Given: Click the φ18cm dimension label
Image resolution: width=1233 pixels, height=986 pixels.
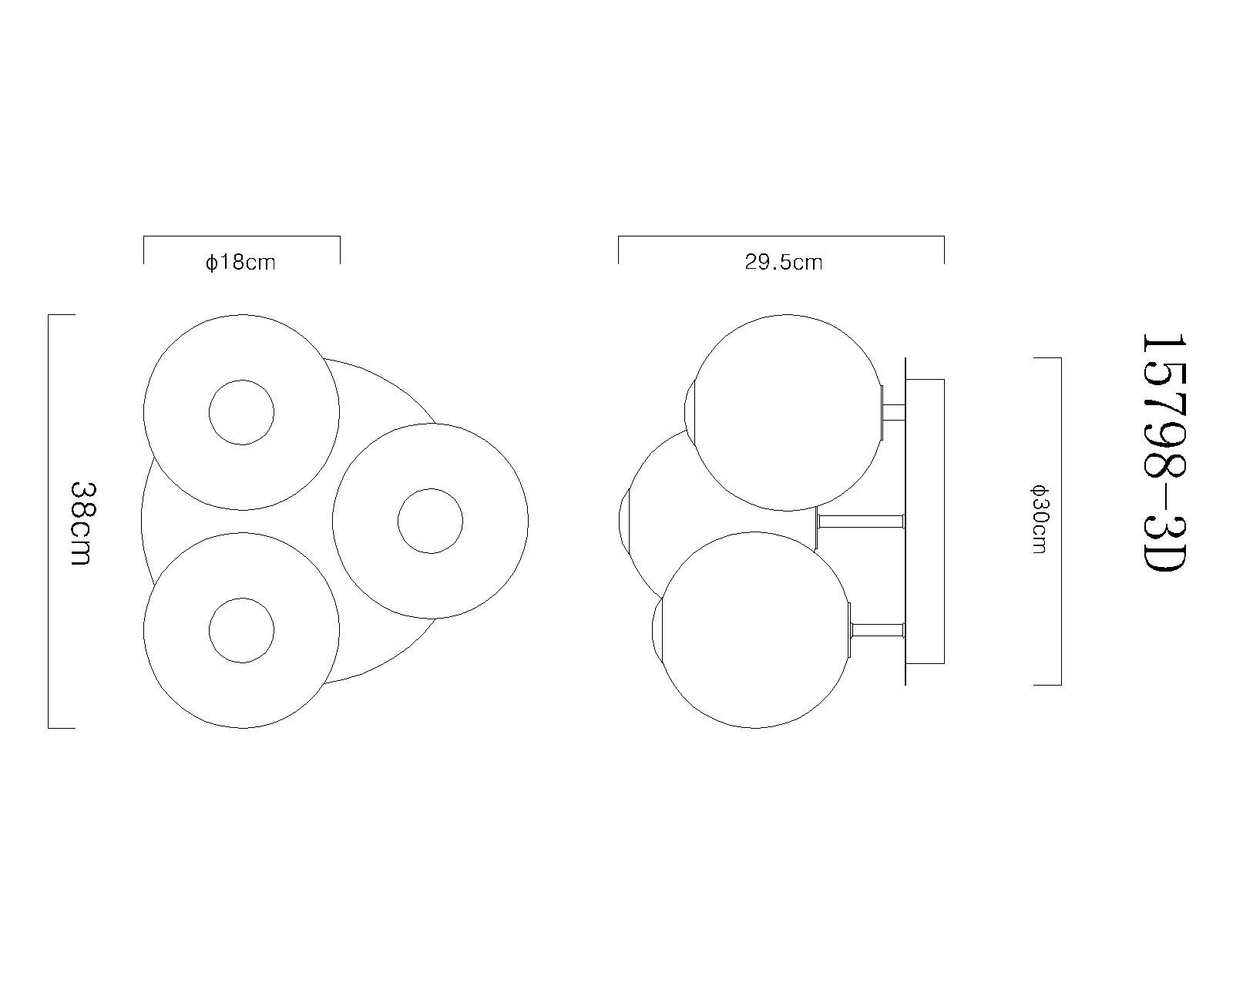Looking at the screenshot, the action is (x=240, y=263).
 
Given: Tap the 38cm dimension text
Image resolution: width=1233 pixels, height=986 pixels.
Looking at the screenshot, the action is (x=82, y=524).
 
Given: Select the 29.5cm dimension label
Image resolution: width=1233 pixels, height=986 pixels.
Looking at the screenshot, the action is (x=783, y=263).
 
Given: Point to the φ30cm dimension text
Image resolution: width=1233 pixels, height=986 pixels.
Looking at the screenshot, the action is (x=1039, y=520).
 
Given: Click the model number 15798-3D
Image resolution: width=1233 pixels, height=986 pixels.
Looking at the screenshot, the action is (x=1163, y=453).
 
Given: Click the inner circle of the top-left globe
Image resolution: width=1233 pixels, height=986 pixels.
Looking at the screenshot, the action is (x=241, y=412).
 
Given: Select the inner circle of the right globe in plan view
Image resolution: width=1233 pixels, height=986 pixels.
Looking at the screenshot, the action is (x=430, y=521).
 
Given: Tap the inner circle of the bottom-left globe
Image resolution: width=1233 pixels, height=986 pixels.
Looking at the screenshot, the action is (x=241, y=630).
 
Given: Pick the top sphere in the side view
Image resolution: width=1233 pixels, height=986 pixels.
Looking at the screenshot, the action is (x=788, y=412).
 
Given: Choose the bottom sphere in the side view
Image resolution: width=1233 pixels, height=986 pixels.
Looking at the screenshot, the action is (x=755, y=630).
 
